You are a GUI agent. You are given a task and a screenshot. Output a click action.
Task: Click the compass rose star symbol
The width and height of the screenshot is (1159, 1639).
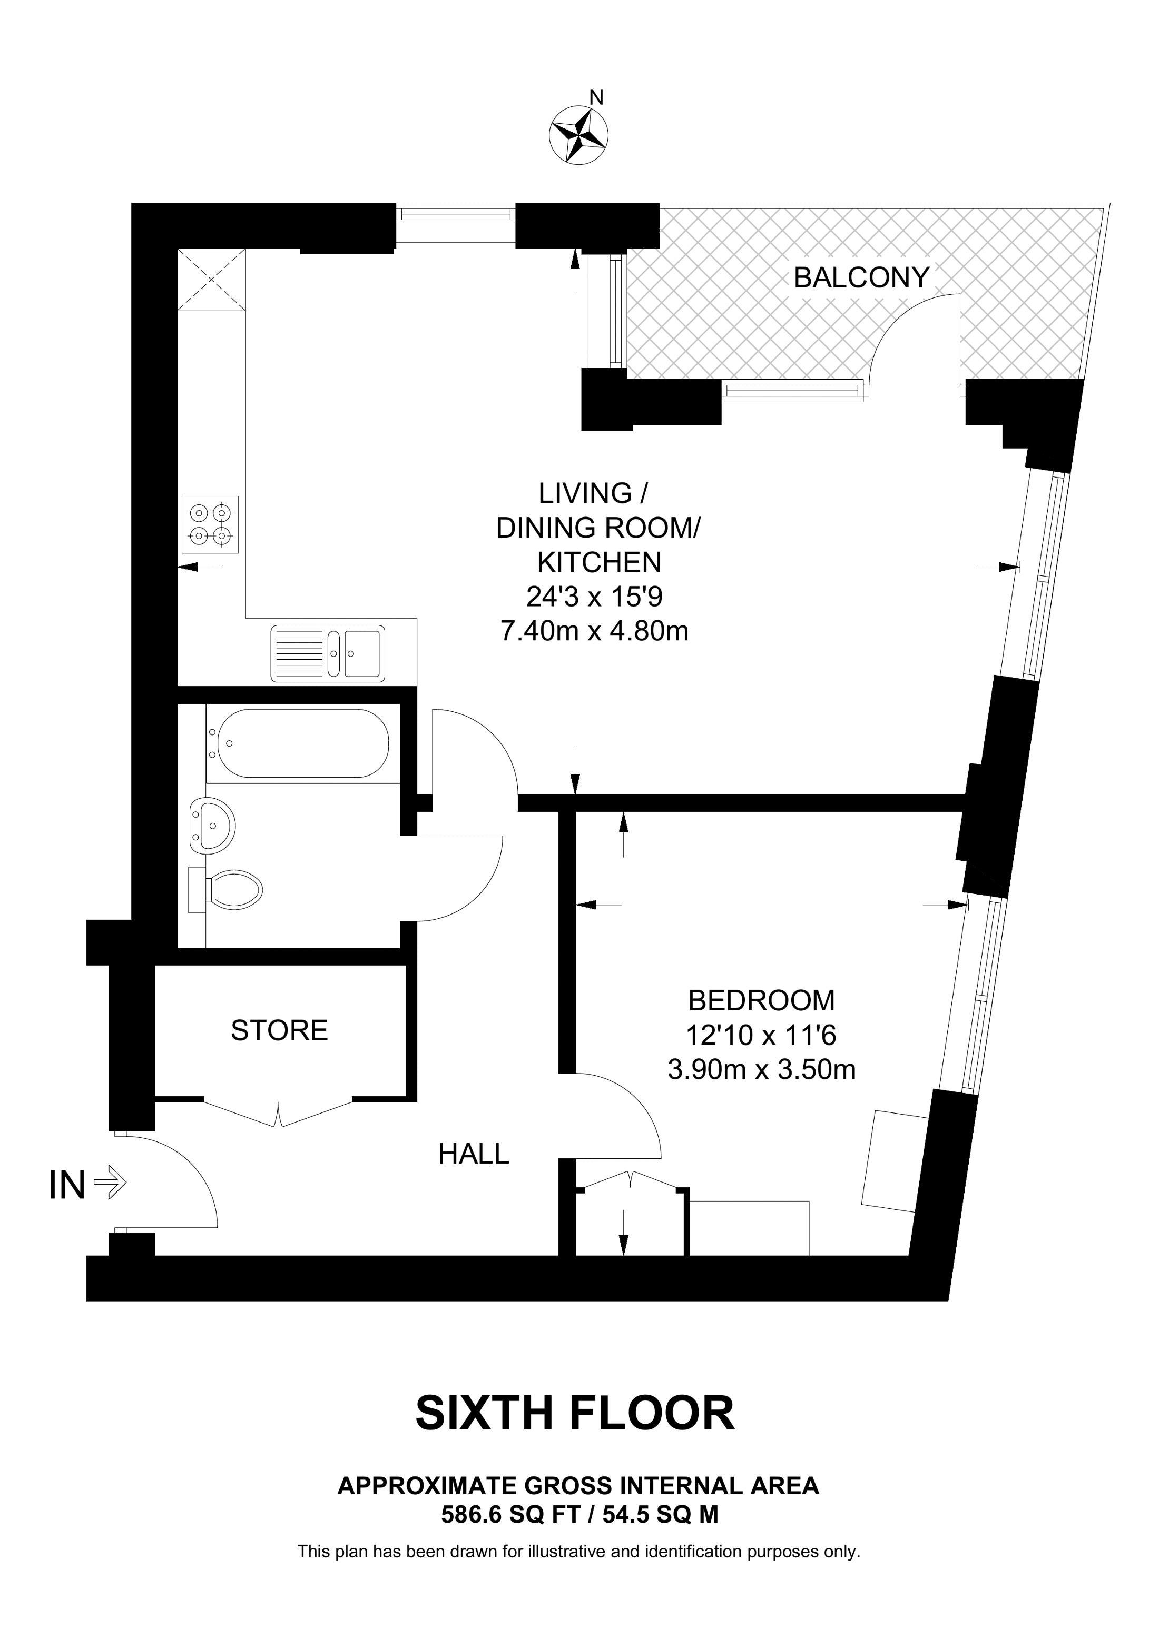coord(578,134)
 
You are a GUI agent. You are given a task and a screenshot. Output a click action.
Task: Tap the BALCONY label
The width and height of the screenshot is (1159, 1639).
coord(861,277)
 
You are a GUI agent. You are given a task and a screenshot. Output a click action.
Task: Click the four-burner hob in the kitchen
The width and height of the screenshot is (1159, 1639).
coord(210,525)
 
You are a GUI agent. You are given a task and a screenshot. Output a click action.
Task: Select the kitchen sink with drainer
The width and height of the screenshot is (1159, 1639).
coord(328,652)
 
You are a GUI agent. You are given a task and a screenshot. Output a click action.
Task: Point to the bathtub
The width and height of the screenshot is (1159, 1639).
coord(303,743)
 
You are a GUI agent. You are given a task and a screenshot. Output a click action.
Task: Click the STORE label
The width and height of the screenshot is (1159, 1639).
coord(279,1030)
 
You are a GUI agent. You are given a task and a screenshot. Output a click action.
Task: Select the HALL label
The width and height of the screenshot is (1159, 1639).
coord(474,1154)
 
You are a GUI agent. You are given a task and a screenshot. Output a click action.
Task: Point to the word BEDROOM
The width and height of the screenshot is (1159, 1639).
coord(761,1001)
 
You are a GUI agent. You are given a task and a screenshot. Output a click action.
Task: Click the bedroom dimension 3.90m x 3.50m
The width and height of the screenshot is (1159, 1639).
coord(761,1069)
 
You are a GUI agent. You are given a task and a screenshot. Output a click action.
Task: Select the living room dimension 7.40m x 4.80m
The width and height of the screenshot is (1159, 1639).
coord(594,631)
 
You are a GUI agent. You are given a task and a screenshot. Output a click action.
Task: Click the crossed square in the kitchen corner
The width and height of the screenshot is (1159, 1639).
coord(211,279)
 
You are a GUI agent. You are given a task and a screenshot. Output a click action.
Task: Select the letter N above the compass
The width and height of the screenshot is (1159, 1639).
coord(596,97)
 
